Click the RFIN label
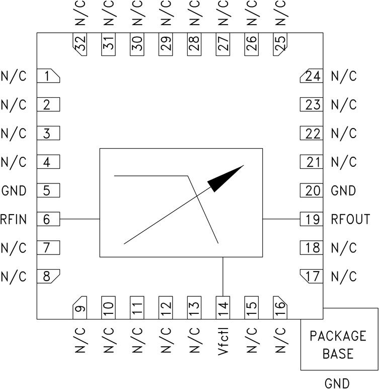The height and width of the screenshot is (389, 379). point(14,220)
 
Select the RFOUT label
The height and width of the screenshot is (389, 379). point(350,220)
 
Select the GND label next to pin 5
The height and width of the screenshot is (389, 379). point(14,191)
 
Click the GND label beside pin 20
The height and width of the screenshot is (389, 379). point(343,191)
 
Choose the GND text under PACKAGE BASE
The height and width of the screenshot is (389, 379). point(338,383)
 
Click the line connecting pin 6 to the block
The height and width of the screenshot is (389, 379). point(80,219)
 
